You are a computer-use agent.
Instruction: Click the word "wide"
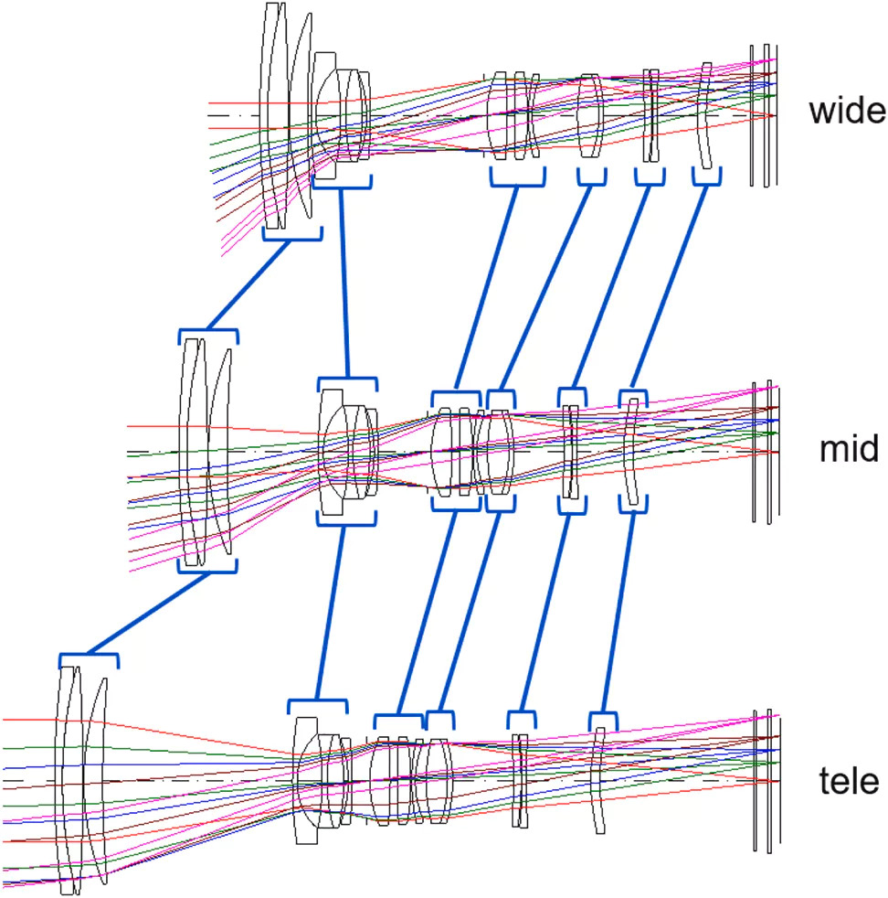(x=847, y=112)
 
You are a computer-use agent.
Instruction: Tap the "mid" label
(x=850, y=449)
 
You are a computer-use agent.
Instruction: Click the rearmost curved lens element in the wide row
(x=705, y=115)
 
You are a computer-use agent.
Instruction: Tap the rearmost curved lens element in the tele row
(x=598, y=780)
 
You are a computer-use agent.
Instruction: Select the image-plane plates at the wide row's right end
(x=761, y=115)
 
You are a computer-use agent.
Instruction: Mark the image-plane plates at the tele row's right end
(x=764, y=780)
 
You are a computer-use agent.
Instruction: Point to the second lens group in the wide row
(x=343, y=115)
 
